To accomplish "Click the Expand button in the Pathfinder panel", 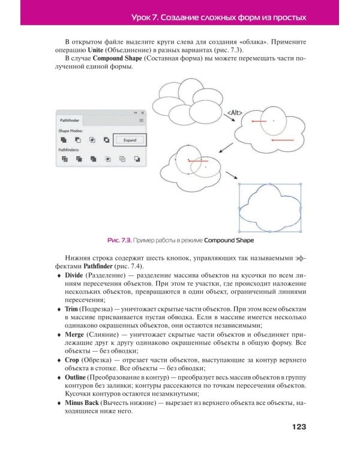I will pos(130,140).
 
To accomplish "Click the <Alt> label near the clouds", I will pos(234,112).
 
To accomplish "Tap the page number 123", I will pos(299,427).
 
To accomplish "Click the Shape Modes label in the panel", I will pos(71,130).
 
